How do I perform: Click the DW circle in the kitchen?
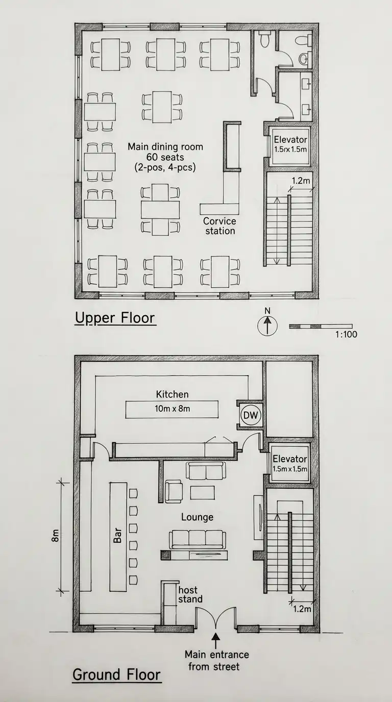pyautogui.click(x=251, y=415)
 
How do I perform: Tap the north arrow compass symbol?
pyautogui.click(x=267, y=325)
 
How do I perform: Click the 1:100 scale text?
pyautogui.click(x=346, y=334)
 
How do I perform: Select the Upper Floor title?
pyautogui.click(x=115, y=318)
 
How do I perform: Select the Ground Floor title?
pyautogui.click(x=116, y=674)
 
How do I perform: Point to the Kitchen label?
pyautogui.click(x=172, y=394)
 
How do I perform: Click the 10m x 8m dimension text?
pyautogui.click(x=172, y=409)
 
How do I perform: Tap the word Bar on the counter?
pyautogui.click(x=117, y=536)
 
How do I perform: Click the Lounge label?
pyautogui.click(x=197, y=517)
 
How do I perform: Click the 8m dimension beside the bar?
pyautogui.click(x=55, y=535)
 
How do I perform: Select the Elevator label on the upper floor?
pyautogui.click(x=290, y=139)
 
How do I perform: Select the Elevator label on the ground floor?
pyautogui.click(x=290, y=459)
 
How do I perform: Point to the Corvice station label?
pyautogui.click(x=220, y=226)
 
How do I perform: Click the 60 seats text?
pyautogui.click(x=165, y=157)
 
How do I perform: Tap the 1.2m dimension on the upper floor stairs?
pyautogui.click(x=301, y=181)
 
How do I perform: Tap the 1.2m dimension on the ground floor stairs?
pyautogui.click(x=302, y=609)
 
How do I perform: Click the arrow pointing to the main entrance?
pyautogui.click(x=216, y=640)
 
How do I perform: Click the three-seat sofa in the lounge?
pyautogui.click(x=197, y=539)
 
